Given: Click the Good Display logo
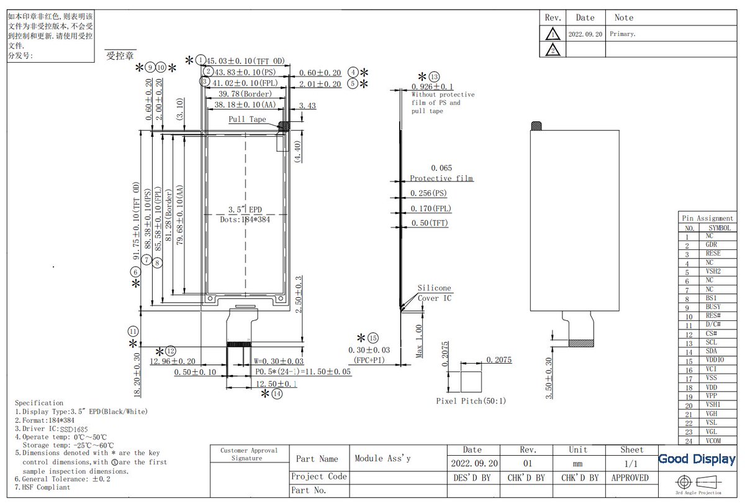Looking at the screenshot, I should click(697, 459).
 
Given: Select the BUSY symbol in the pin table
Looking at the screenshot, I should click(713, 307).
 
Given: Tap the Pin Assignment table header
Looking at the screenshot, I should click(707, 218).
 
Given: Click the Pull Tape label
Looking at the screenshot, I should click(247, 119).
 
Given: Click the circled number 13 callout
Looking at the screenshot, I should click(434, 76).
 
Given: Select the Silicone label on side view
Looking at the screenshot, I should click(434, 288).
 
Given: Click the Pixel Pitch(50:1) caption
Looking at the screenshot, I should click(471, 401).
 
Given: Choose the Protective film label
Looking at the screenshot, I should click(441, 178).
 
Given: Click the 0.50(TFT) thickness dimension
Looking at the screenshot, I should click(429, 223).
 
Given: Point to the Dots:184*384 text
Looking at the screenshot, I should click(245, 219).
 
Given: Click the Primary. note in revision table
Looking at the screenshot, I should click(623, 34).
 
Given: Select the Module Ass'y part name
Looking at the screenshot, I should click(382, 458).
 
